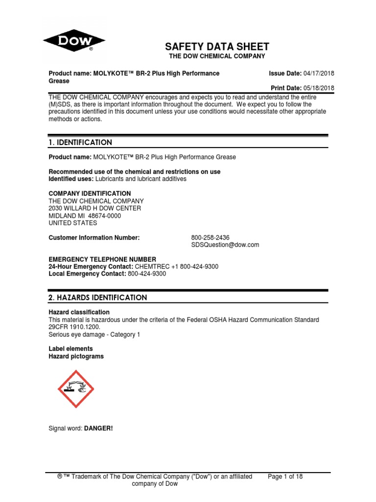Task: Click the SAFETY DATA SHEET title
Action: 217,47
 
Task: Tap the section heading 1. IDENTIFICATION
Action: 80,143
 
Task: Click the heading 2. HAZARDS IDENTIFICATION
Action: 97,298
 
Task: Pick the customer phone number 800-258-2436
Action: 210,238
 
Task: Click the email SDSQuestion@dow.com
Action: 225,245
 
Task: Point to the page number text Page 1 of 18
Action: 286,477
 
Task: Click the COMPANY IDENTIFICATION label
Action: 90,194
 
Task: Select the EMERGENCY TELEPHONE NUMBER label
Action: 102,259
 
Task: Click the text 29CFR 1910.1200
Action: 73,327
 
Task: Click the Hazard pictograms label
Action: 76,356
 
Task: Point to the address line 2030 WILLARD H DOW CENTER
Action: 95,208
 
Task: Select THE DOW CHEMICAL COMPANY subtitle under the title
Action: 217,56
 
